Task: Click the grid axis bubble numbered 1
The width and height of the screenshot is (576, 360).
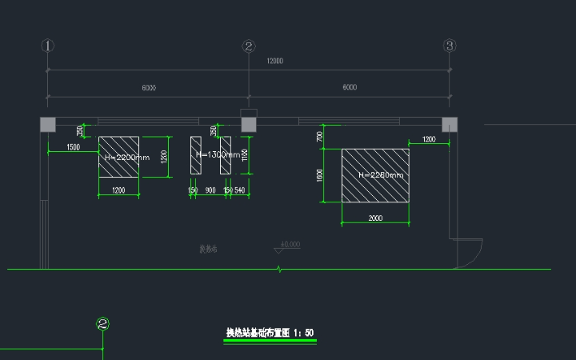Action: [x=48, y=46]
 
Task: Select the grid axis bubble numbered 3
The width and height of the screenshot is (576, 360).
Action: [x=450, y=46]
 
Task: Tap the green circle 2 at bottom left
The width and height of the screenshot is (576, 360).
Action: [x=102, y=324]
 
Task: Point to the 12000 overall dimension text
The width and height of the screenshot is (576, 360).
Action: [x=275, y=62]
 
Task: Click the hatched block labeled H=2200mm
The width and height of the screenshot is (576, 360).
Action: [x=118, y=157]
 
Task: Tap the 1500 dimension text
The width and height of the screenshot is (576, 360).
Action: [x=73, y=147]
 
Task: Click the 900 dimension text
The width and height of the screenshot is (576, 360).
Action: [x=210, y=190]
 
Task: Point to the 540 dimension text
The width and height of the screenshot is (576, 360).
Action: [x=239, y=190]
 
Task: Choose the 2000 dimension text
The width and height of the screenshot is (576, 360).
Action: [x=375, y=218]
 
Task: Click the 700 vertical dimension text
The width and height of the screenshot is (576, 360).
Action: [x=320, y=137]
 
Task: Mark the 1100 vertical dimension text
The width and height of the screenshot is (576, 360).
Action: [x=245, y=154]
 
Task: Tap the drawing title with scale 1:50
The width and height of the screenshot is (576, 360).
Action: [x=270, y=331]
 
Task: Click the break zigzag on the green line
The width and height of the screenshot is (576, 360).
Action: [x=278, y=269]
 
